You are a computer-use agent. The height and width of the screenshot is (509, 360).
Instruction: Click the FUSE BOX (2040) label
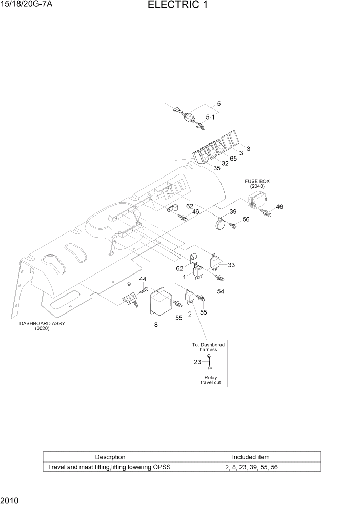click(x=257, y=184)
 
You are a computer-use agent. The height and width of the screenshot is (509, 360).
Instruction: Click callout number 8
click(x=156, y=324)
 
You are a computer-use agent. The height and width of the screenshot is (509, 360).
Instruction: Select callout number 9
click(x=129, y=284)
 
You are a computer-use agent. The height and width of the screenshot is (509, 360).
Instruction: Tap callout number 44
click(x=143, y=279)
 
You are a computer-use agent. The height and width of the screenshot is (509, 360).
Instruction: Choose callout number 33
click(x=231, y=265)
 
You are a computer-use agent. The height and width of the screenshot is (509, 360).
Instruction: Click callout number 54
click(x=221, y=291)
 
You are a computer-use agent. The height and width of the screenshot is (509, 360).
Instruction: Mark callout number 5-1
click(x=210, y=117)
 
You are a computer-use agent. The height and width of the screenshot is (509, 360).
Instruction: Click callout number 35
click(x=217, y=168)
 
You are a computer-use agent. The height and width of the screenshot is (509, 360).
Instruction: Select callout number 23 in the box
click(x=197, y=362)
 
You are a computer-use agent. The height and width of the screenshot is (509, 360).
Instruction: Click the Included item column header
click(x=251, y=457)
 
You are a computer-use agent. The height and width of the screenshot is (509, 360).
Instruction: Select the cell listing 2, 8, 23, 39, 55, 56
click(x=251, y=467)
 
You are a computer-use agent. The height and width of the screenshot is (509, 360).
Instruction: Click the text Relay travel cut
click(x=210, y=380)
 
